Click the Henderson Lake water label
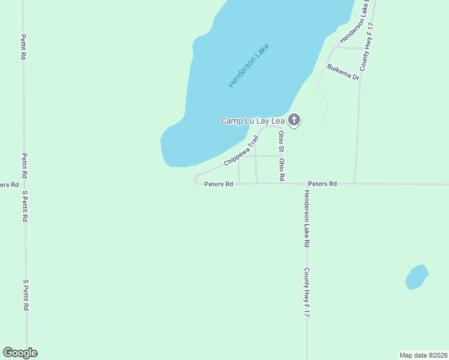click(x=249, y=66)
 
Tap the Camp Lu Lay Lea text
click(x=252, y=121)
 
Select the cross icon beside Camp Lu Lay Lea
click(x=294, y=120)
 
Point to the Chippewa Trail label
click(x=241, y=151)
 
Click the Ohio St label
click(x=280, y=142)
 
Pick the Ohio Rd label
click(x=281, y=170)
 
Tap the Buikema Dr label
click(x=343, y=72)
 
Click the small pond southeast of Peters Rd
click(x=416, y=277)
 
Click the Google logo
click(x=20, y=353)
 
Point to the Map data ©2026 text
click(x=423, y=355)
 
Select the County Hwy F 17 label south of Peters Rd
click(x=306, y=292)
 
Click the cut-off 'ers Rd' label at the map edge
click(x=8, y=184)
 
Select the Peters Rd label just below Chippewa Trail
click(x=218, y=184)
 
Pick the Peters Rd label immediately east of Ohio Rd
click(x=322, y=184)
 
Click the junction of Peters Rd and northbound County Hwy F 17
click(x=354, y=184)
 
